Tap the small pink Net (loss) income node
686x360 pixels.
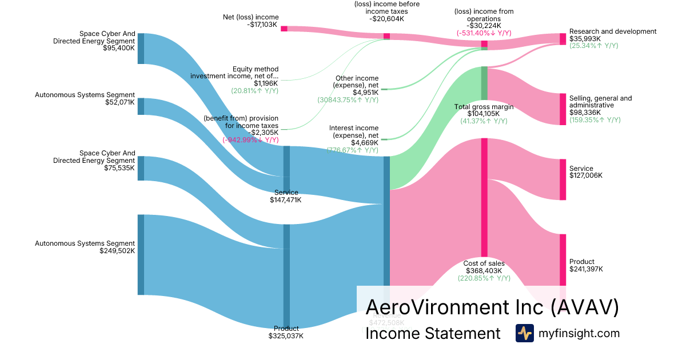[284, 29]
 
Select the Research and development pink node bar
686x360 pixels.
[563, 39]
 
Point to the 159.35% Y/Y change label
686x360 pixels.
[595, 120]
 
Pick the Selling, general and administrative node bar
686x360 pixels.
[563, 109]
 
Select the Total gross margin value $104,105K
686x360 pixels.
[483, 114]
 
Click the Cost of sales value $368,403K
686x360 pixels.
[484, 271]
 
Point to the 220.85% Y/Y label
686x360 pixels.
[484, 278]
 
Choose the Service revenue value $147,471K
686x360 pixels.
[285, 200]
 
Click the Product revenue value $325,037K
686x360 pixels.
[286, 336]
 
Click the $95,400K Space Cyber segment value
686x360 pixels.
[119, 48]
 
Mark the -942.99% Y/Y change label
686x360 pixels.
[250, 139]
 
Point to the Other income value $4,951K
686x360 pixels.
[365, 93]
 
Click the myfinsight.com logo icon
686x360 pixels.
[524, 333]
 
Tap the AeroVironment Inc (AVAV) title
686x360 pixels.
[492, 307]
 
